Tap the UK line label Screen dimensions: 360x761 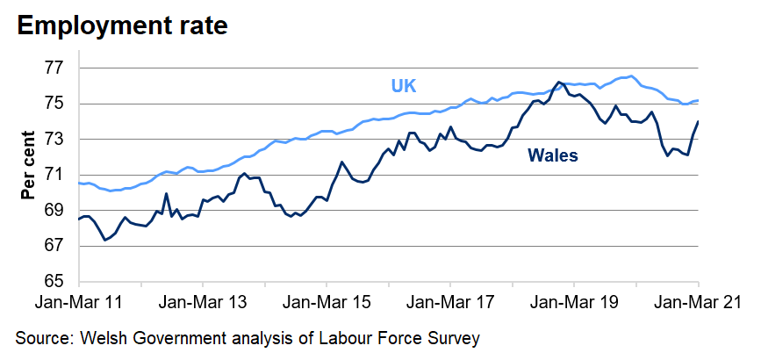click(x=404, y=86)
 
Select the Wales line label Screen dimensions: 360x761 click(x=552, y=155)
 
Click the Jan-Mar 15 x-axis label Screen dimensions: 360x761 click(x=326, y=303)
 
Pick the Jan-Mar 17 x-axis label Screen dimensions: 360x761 click(x=449, y=303)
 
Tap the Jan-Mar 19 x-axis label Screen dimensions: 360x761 click(x=573, y=303)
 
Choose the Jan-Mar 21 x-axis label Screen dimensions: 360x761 click(x=698, y=303)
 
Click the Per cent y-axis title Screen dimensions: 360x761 click(x=29, y=164)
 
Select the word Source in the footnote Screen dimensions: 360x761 click(x=43, y=337)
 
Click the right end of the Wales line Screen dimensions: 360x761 click(x=698, y=121)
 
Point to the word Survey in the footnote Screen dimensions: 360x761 click(x=456, y=337)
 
